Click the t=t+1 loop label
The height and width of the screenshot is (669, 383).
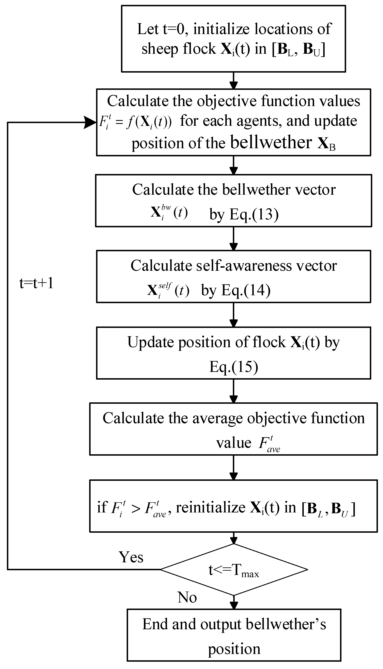36,284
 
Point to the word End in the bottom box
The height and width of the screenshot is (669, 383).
155,624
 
